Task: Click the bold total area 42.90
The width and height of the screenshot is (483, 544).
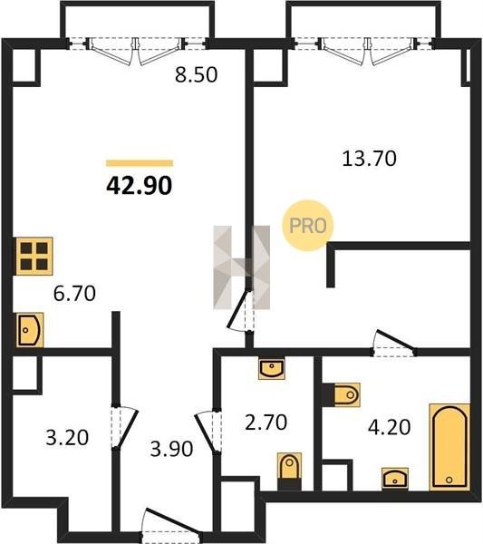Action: click(x=139, y=185)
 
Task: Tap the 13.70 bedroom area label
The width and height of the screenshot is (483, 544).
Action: click(x=369, y=159)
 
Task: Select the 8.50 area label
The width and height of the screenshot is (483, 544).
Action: click(x=197, y=74)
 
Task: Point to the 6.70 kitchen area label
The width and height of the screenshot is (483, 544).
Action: click(x=74, y=293)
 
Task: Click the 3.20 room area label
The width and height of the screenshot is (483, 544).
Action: click(x=67, y=438)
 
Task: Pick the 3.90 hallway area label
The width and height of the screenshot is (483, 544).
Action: click(x=171, y=449)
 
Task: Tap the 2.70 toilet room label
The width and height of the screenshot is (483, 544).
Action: click(x=266, y=423)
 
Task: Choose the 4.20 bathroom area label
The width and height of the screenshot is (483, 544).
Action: click(x=389, y=427)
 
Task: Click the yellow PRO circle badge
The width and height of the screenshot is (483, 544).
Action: click(x=307, y=226)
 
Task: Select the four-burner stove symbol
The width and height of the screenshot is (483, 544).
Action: click(x=34, y=256)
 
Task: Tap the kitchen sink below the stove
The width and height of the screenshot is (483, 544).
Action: click(x=30, y=330)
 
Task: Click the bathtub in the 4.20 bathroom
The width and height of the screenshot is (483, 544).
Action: click(x=449, y=447)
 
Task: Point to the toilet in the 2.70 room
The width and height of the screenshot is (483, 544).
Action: click(x=289, y=471)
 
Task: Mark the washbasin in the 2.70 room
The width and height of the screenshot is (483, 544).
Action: click(x=272, y=369)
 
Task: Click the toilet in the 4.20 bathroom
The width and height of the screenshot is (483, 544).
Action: click(x=342, y=394)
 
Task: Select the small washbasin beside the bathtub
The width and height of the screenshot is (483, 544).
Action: click(x=395, y=479)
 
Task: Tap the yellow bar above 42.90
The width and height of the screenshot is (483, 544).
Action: click(x=140, y=163)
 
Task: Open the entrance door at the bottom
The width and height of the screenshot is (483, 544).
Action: click(x=171, y=526)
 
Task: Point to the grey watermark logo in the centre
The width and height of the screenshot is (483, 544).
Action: click(x=241, y=267)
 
